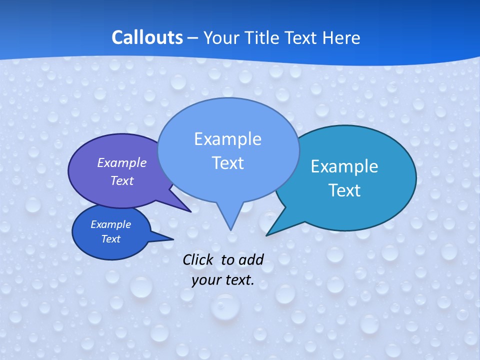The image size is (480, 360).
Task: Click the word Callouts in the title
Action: point(147,37)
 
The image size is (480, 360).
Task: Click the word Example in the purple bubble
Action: point(121,162)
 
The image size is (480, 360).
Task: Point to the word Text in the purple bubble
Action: point(121,180)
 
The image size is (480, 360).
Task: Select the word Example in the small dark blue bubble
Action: point(110,224)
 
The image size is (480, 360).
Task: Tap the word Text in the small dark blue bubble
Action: point(110,239)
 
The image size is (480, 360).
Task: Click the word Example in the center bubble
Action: point(227,139)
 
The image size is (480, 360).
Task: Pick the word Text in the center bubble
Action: point(227,163)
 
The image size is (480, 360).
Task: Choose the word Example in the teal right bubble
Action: point(344,166)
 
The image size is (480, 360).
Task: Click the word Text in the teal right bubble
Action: point(344,190)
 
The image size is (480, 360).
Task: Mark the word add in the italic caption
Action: point(250,259)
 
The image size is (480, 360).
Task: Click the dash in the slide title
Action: point(192,38)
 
